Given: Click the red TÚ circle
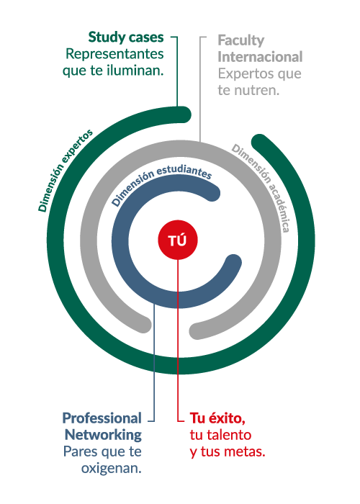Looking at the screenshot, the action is pyautogui.click(x=177, y=240).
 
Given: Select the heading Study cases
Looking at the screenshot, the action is pyautogui.click(x=126, y=37).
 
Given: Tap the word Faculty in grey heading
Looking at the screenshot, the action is pyautogui.click(x=241, y=41).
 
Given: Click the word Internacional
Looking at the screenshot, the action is pyautogui.click(x=260, y=57).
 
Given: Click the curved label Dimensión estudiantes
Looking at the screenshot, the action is pyautogui.click(x=161, y=181).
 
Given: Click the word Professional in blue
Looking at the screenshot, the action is pyautogui.click(x=102, y=418).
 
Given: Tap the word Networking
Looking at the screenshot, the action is pyautogui.click(x=103, y=435).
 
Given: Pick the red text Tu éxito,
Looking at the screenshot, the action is pyautogui.click(x=217, y=418).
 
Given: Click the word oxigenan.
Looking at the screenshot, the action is pyautogui.click(x=111, y=468).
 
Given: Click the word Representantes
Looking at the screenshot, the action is pyautogui.click(x=114, y=54).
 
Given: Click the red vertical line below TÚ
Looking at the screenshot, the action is pyautogui.click(x=178, y=340).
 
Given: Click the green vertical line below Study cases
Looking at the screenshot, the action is pyautogui.click(x=177, y=71).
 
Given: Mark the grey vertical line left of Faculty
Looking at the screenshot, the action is pyautogui.click(x=200, y=89).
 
